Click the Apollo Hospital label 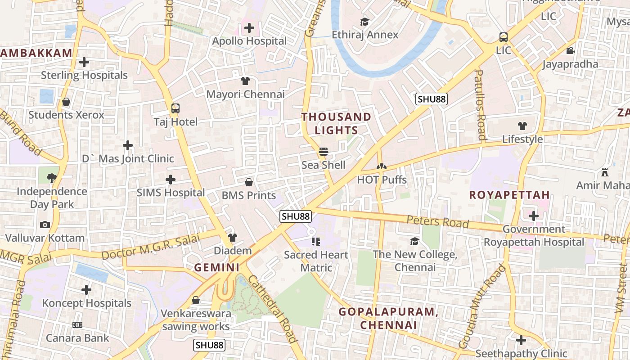coord(249,41)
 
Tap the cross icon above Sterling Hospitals coord(84,62)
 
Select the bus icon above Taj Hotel coord(175,108)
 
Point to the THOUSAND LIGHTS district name coord(337,124)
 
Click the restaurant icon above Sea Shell coord(323,152)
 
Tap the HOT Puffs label coord(382,180)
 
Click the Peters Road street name coord(437,221)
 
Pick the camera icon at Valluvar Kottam coord(45,225)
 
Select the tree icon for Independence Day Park coord(52,178)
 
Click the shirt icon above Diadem coord(232,237)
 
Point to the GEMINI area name coord(216,267)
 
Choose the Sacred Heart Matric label coord(316,261)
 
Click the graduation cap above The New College coord(414,241)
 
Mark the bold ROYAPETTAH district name coord(509,195)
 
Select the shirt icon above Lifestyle coord(522,126)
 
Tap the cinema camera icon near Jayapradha coord(570,50)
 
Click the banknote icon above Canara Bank coord(77,325)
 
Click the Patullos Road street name coord(480,104)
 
